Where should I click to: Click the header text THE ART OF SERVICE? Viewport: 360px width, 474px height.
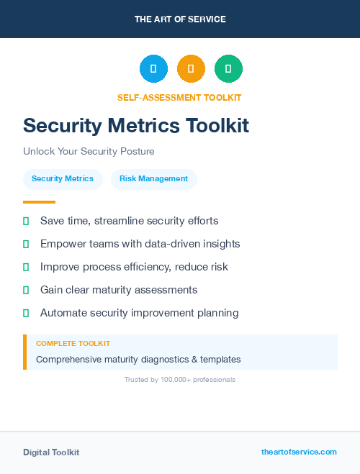[x=180, y=19]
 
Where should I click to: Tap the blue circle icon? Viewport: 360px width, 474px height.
[x=153, y=68]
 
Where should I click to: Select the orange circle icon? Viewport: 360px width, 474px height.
[x=191, y=68]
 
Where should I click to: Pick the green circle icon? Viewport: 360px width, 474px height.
[x=228, y=68]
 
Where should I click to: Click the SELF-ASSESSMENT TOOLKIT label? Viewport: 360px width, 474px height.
[x=179, y=98]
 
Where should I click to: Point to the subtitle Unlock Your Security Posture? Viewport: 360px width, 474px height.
[x=89, y=152]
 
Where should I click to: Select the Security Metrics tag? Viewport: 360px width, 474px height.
[x=63, y=179]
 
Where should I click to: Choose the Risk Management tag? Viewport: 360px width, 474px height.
[x=153, y=179]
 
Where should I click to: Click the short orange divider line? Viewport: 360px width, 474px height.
[x=39, y=202]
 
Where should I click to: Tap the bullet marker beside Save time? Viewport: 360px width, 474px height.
[x=26, y=221]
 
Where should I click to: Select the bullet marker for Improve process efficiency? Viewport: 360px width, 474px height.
[x=26, y=267]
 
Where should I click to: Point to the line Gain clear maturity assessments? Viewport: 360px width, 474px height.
[x=119, y=290]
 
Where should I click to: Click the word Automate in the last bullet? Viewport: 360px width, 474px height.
[x=64, y=313]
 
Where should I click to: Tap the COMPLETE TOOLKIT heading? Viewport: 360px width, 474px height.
[x=73, y=344]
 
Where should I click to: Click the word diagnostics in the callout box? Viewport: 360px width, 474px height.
[x=163, y=359]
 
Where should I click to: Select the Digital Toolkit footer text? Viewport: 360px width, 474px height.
[x=51, y=452]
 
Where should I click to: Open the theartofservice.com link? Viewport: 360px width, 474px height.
[x=299, y=452]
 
